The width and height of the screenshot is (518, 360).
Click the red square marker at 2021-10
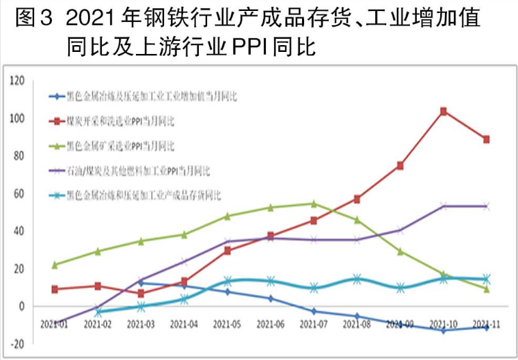[x=443, y=111]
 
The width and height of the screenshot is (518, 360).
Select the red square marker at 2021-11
[x=486, y=139]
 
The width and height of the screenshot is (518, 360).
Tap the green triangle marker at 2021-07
[x=314, y=203]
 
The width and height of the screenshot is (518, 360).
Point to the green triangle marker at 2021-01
[x=54, y=264]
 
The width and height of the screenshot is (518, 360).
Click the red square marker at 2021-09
[x=400, y=165]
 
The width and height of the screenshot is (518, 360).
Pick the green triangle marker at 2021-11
[x=486, y=289]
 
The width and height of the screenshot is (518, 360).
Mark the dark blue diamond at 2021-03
[x=141, y=282]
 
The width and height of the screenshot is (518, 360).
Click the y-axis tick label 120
[x=17, y=81]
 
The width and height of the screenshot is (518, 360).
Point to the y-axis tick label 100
[x=17, y=118]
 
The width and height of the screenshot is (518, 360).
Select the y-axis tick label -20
[x=17, y=344]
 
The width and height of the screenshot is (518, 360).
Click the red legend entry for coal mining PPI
[x=120, y=121]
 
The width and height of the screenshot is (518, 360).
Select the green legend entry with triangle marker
[x=120, y=146]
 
